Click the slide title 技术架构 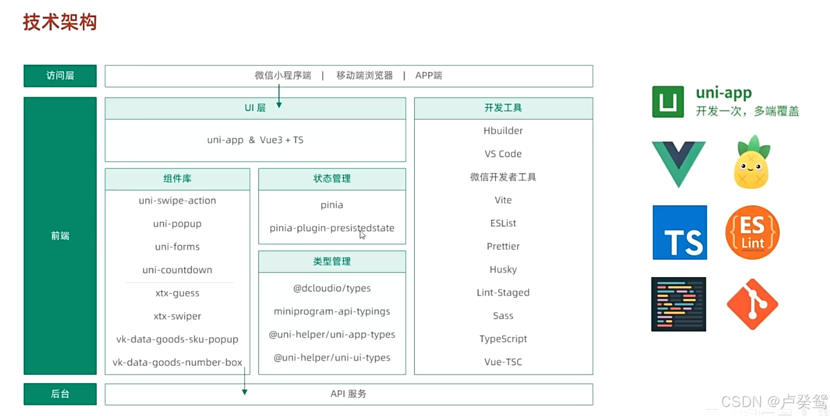60,22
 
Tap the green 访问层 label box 60,76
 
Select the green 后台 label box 60,394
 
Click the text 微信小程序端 283,76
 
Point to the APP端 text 428,76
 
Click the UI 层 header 256,108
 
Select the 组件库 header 178,179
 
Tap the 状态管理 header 332,179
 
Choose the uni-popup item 178,224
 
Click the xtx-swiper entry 178,316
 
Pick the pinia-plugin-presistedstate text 332,228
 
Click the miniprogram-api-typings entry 332,311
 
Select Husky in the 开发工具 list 503,269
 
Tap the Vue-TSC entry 503,362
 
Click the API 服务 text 348,394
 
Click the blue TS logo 680,233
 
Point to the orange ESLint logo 753,233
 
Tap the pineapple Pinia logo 752,162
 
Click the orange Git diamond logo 753,304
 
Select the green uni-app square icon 668,101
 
